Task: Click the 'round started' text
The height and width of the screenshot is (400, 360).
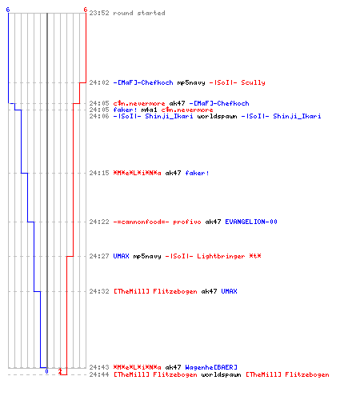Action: pyautogui.click(x=139, y=13)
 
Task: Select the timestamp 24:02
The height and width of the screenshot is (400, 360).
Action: pyautogui.click(x=99, y=82)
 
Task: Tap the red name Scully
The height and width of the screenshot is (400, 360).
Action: pyautogui.click(x=253, y=82)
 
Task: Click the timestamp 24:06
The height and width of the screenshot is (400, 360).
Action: pyautogui.click(x=99, y=116)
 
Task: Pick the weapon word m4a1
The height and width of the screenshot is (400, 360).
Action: pyautogui.click(x=149, y=110)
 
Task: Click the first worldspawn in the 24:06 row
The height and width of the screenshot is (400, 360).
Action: pyautogui.click(x=217, y=116)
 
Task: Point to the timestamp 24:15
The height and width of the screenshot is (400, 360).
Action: pyautogui.click(x=99, y=173)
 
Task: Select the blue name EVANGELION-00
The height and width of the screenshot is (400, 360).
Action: pyautogui.click(x=251, y=222)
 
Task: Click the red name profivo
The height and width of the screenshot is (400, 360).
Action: pyautogui.click(x=187, y=222)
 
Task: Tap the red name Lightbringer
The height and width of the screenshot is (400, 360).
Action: pyautogui.click(x=221, y=256)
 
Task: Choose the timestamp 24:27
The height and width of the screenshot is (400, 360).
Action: pyautogui.click(x=99, y=256)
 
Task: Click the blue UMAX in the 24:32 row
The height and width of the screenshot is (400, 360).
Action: pyautogui.click(x=229, y=291)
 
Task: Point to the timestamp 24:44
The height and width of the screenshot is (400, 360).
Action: pyautogui.click(x=99, y=374)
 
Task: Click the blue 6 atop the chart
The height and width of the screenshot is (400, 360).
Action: pyautogui.click(x=8, y=10)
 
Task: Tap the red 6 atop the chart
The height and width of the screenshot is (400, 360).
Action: pyautogui.click(x=85, y=10)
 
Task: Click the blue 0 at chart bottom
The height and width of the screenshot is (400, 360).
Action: pyautogui.click(x=46, y=371)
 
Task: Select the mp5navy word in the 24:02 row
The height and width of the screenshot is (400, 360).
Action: pyautogui.click(x=191, y=83)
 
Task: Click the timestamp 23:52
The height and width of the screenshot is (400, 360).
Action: pyautogui.click(x=99, y=13)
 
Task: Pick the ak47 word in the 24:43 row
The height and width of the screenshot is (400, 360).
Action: pyautogui.click(x=173, y=367)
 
